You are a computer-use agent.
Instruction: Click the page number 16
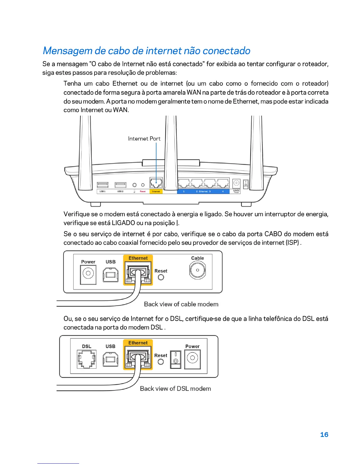click(324, 435)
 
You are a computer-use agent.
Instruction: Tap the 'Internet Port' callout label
click(144, 139)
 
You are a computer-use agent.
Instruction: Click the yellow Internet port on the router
click(156, 183)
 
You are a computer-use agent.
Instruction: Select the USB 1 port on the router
click(103, 185)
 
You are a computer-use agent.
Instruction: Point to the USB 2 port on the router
click(120, 185)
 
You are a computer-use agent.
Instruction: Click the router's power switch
click(246, 184)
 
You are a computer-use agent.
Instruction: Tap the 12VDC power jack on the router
click(236, 183)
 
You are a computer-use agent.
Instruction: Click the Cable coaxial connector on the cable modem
click(197, 270)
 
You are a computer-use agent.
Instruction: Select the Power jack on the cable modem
click(88, 274)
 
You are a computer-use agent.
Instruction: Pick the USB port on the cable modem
click(111, 275)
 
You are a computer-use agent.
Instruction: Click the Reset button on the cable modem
click(161, 277)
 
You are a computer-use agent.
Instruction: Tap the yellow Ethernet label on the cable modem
click(138, 258)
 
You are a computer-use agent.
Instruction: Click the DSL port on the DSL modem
click(86, 359)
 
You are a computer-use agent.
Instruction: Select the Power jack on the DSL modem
click(192, 358)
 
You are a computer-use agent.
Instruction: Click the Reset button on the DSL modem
click(161, 362)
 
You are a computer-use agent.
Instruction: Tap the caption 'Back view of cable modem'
click(181, 304)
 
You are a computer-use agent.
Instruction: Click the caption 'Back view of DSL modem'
click(175, 389)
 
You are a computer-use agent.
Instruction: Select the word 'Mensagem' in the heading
click(68, 51)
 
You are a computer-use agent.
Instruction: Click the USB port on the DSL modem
click(111, 359)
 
